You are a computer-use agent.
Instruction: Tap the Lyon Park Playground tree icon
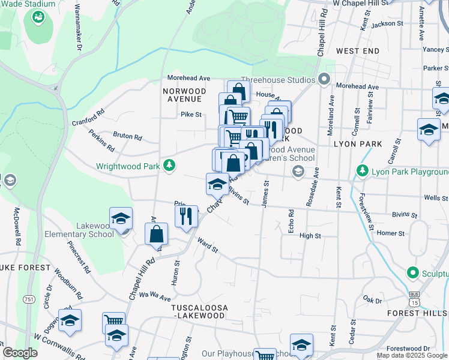point(362,172)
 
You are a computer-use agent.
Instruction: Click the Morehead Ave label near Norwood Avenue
point(188,78)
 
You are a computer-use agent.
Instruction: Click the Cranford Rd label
point(88,116)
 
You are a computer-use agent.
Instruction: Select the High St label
point(310,236)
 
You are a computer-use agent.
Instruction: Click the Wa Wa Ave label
point(155,296)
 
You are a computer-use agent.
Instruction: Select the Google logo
point(20,353)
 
